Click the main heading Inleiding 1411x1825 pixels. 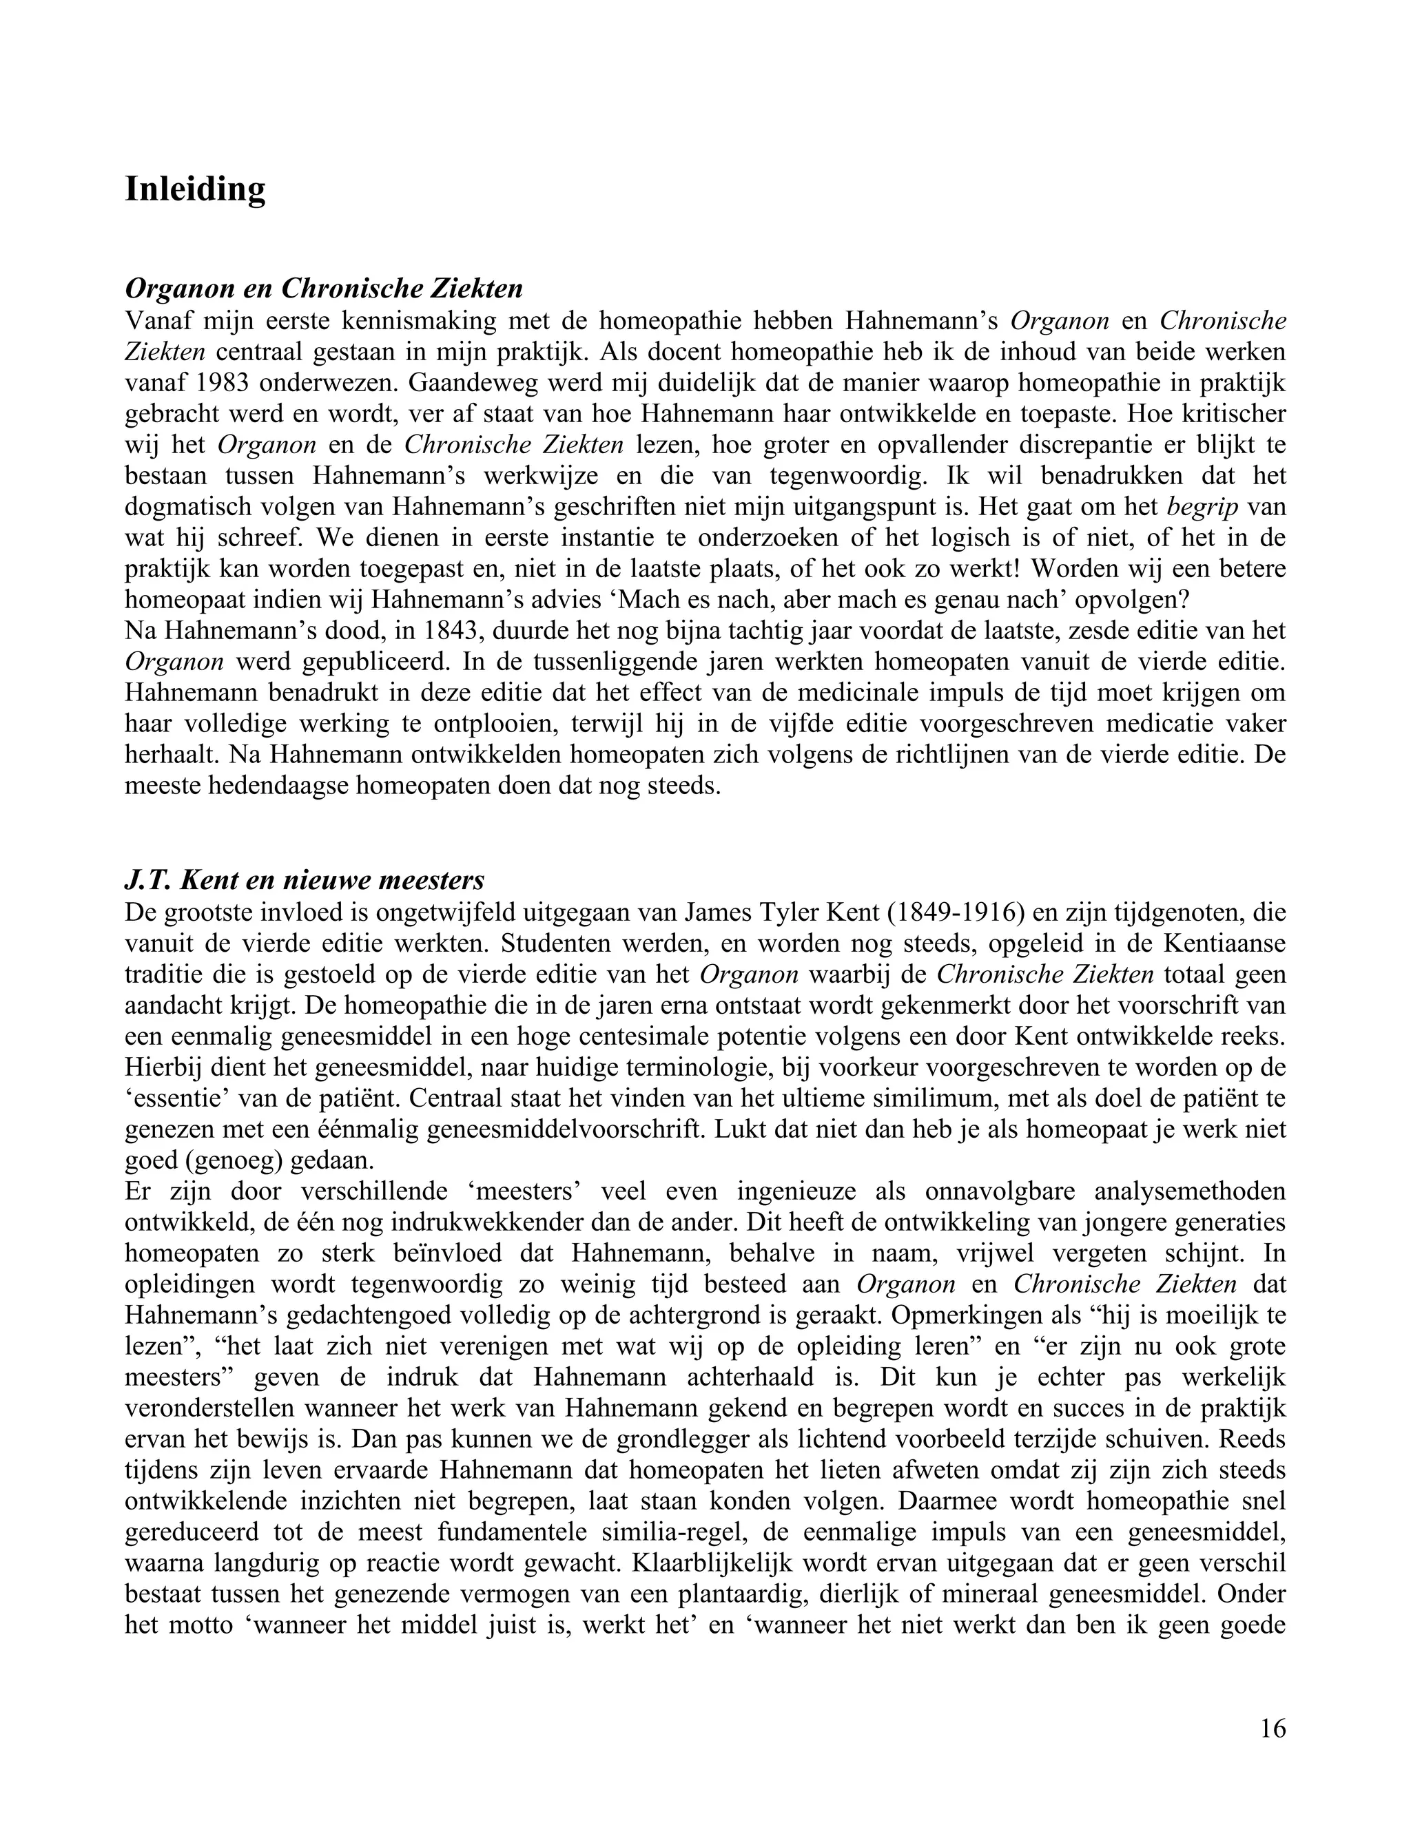[195, 189]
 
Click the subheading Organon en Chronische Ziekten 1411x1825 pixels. [324, 289]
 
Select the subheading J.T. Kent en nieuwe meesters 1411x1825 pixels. [305, 881]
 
